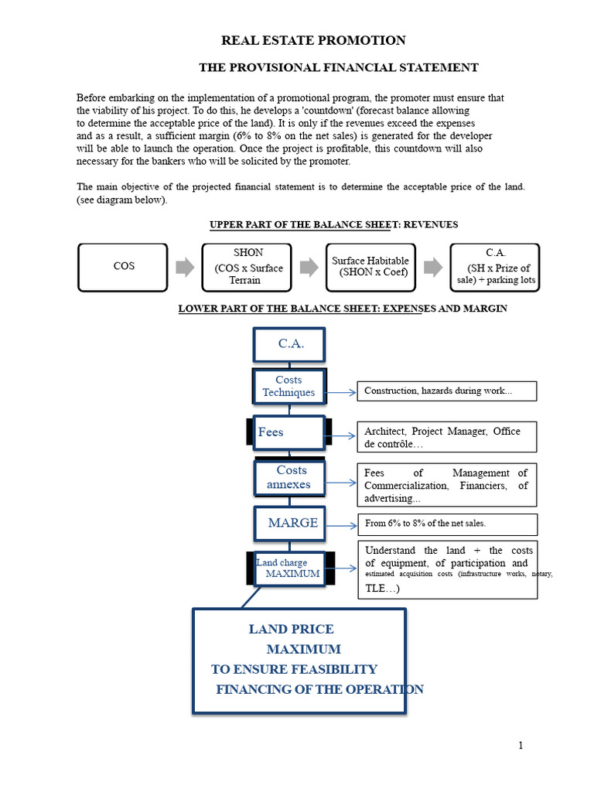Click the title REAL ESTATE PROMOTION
pyautogui.click(x=313, y=41)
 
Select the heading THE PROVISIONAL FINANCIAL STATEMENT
pyautogui.click(x=338, y=68)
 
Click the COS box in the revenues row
pyautogui.click(x=123, y=267)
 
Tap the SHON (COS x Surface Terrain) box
pyautogui.click(x=248, y=267)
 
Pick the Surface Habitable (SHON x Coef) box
pyautogui.click(x=370, y=267)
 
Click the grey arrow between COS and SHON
pyautogui.click(x=185, y=267)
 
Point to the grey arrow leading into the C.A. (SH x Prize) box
pyautogui.click(x=433, y=267)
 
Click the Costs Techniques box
pyautogui.click(x=288, y=386)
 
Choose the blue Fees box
pyautogui.click(x=288, y=432)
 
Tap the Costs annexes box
pyautogui.click(x=288, y=477)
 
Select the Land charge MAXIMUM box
pyautogui.click(x=289, y=568)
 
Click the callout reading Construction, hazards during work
pyautogui.click(x=446, y=391)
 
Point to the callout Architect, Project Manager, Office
pyautogui.click(x=446, y=437)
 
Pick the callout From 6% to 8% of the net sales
pyautogui.click(x=446, y=524)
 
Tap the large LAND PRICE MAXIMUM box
pyautogui.click(x=299, y=660)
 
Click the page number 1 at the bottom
pyautogui.click(x=521, y=746)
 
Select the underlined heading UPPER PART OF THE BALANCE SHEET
pyautogui.click(x=334, y=225)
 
